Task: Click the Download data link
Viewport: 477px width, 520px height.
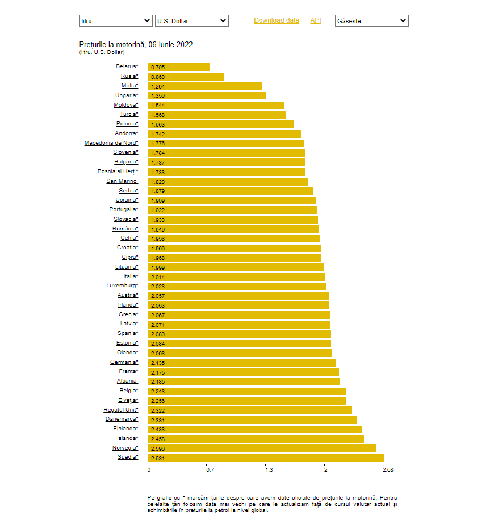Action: coord(276,20)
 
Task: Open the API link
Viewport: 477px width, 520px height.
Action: coord(315,20)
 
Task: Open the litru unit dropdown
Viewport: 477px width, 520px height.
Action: coord(116,21)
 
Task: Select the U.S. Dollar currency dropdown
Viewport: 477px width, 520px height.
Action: coord(191,21)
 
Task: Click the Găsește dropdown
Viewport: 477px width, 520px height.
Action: coord(371,21)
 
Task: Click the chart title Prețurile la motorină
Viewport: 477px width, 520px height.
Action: coord(140,44)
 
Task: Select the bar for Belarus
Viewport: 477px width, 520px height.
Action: coord(179,67)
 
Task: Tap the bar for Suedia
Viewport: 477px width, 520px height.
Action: coord(266,458)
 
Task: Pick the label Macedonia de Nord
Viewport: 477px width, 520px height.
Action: coord(111,143)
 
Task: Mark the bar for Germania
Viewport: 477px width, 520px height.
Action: coord(241,363)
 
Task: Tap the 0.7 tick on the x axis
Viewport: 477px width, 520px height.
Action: coord(210,470)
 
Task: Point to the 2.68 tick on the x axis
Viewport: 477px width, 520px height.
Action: coord(388,470)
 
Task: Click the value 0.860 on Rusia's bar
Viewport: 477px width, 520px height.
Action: coord(158,77)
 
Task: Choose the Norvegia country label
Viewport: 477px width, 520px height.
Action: coord(124,448)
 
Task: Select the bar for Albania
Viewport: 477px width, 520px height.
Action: coord(244,381)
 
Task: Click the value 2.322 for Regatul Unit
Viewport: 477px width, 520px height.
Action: coord(158,410)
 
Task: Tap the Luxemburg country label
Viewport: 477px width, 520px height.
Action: coord(122,286)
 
